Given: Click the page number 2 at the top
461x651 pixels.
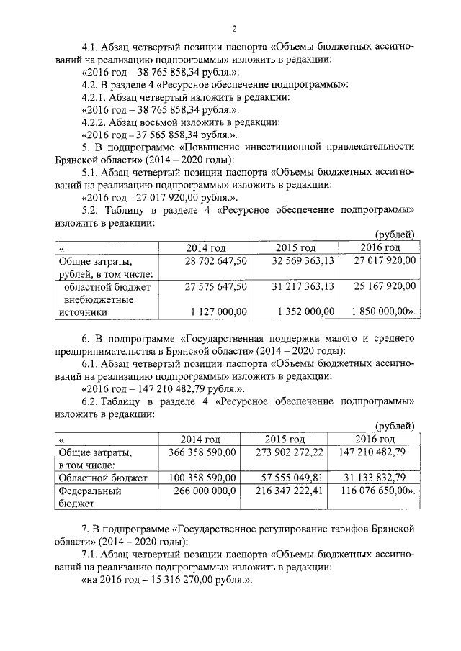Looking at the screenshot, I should coord(236,29).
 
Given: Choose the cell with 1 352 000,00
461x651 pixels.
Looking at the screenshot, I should coord(304,311).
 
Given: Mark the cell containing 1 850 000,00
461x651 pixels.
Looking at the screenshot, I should coord(384,311).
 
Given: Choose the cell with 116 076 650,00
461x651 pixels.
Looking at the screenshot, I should coord(377,491).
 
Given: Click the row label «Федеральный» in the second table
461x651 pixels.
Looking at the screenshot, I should coord(89,491).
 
